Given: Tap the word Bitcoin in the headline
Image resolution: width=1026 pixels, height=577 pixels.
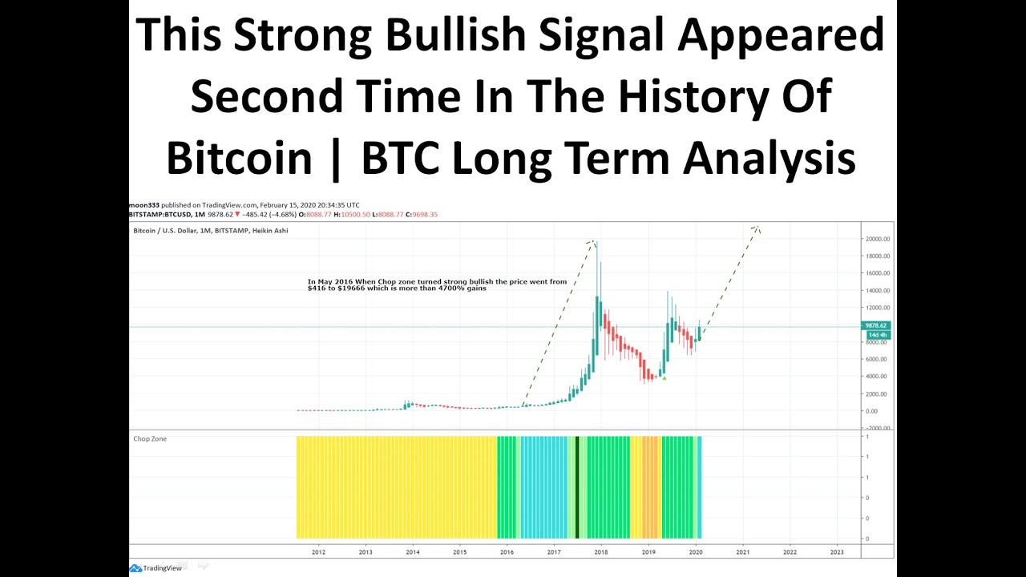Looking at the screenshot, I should [x=239, y=157].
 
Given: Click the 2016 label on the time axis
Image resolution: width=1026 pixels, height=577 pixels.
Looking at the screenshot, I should [x=507, y=552].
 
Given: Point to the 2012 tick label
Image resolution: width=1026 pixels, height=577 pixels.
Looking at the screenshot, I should [x=318, y=552].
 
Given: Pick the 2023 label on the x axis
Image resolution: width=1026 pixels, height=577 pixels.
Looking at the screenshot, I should [x=837, y=552].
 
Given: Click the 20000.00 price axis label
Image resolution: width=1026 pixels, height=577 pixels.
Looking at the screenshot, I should [x=878, y=239].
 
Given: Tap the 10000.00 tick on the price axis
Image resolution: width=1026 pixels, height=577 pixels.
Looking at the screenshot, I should [x=878, y=325].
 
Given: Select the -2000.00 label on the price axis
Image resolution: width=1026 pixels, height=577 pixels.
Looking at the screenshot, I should [x=878, y=428].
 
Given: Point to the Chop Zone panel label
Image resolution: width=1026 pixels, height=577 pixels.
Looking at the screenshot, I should [x=150, y=439].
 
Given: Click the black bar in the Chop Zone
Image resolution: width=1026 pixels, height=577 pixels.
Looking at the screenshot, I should [x=577, y=487].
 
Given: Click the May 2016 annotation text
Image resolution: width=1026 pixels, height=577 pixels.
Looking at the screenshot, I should [x=437, y=284].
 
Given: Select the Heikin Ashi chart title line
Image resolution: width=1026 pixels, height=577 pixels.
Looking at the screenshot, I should [x=210, y=231].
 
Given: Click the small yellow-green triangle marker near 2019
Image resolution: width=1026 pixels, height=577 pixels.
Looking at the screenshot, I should [x=664, y=377].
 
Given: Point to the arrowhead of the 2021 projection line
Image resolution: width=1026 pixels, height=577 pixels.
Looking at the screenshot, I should [x=756, y=228].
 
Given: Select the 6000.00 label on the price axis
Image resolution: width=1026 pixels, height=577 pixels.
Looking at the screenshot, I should [x=878, y=359].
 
